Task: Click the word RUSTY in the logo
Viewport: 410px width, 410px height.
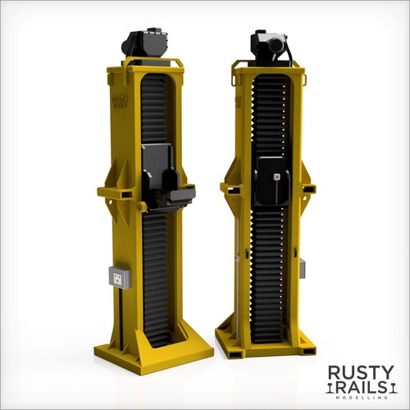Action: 361,373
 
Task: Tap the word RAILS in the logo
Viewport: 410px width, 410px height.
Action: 361,389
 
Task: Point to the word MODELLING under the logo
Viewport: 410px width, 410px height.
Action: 361,398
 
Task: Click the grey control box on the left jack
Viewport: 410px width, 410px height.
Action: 120,277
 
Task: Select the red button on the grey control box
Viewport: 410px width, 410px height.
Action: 118,280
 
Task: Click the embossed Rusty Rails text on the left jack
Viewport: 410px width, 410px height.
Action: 120,101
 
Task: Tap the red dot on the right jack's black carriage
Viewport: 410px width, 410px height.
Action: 277,177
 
